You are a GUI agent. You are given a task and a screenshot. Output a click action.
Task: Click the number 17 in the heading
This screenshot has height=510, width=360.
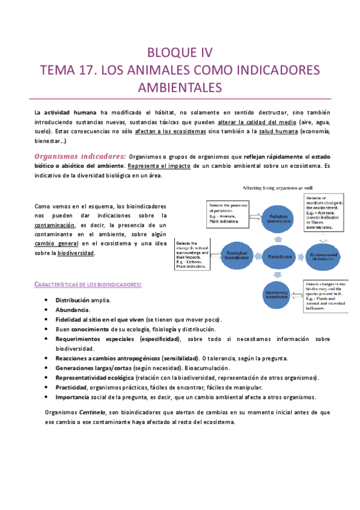pyautogui.click(x=87, y=69)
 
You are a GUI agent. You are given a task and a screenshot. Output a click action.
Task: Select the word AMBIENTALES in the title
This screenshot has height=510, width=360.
pyautogui.click(x=180, y=87)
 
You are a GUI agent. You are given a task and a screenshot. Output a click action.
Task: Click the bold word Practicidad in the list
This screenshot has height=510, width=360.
pyautogui.click(x=72, y=387)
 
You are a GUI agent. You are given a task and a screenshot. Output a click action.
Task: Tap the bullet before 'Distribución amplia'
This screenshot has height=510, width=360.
pyautogui.click(x=47, y=300)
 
